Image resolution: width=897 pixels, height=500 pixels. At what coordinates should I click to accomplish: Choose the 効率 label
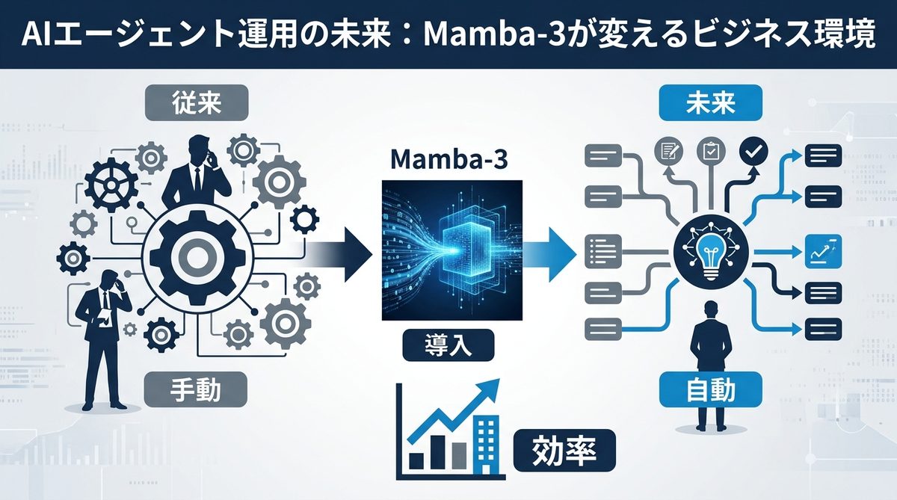tap(564, 451)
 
